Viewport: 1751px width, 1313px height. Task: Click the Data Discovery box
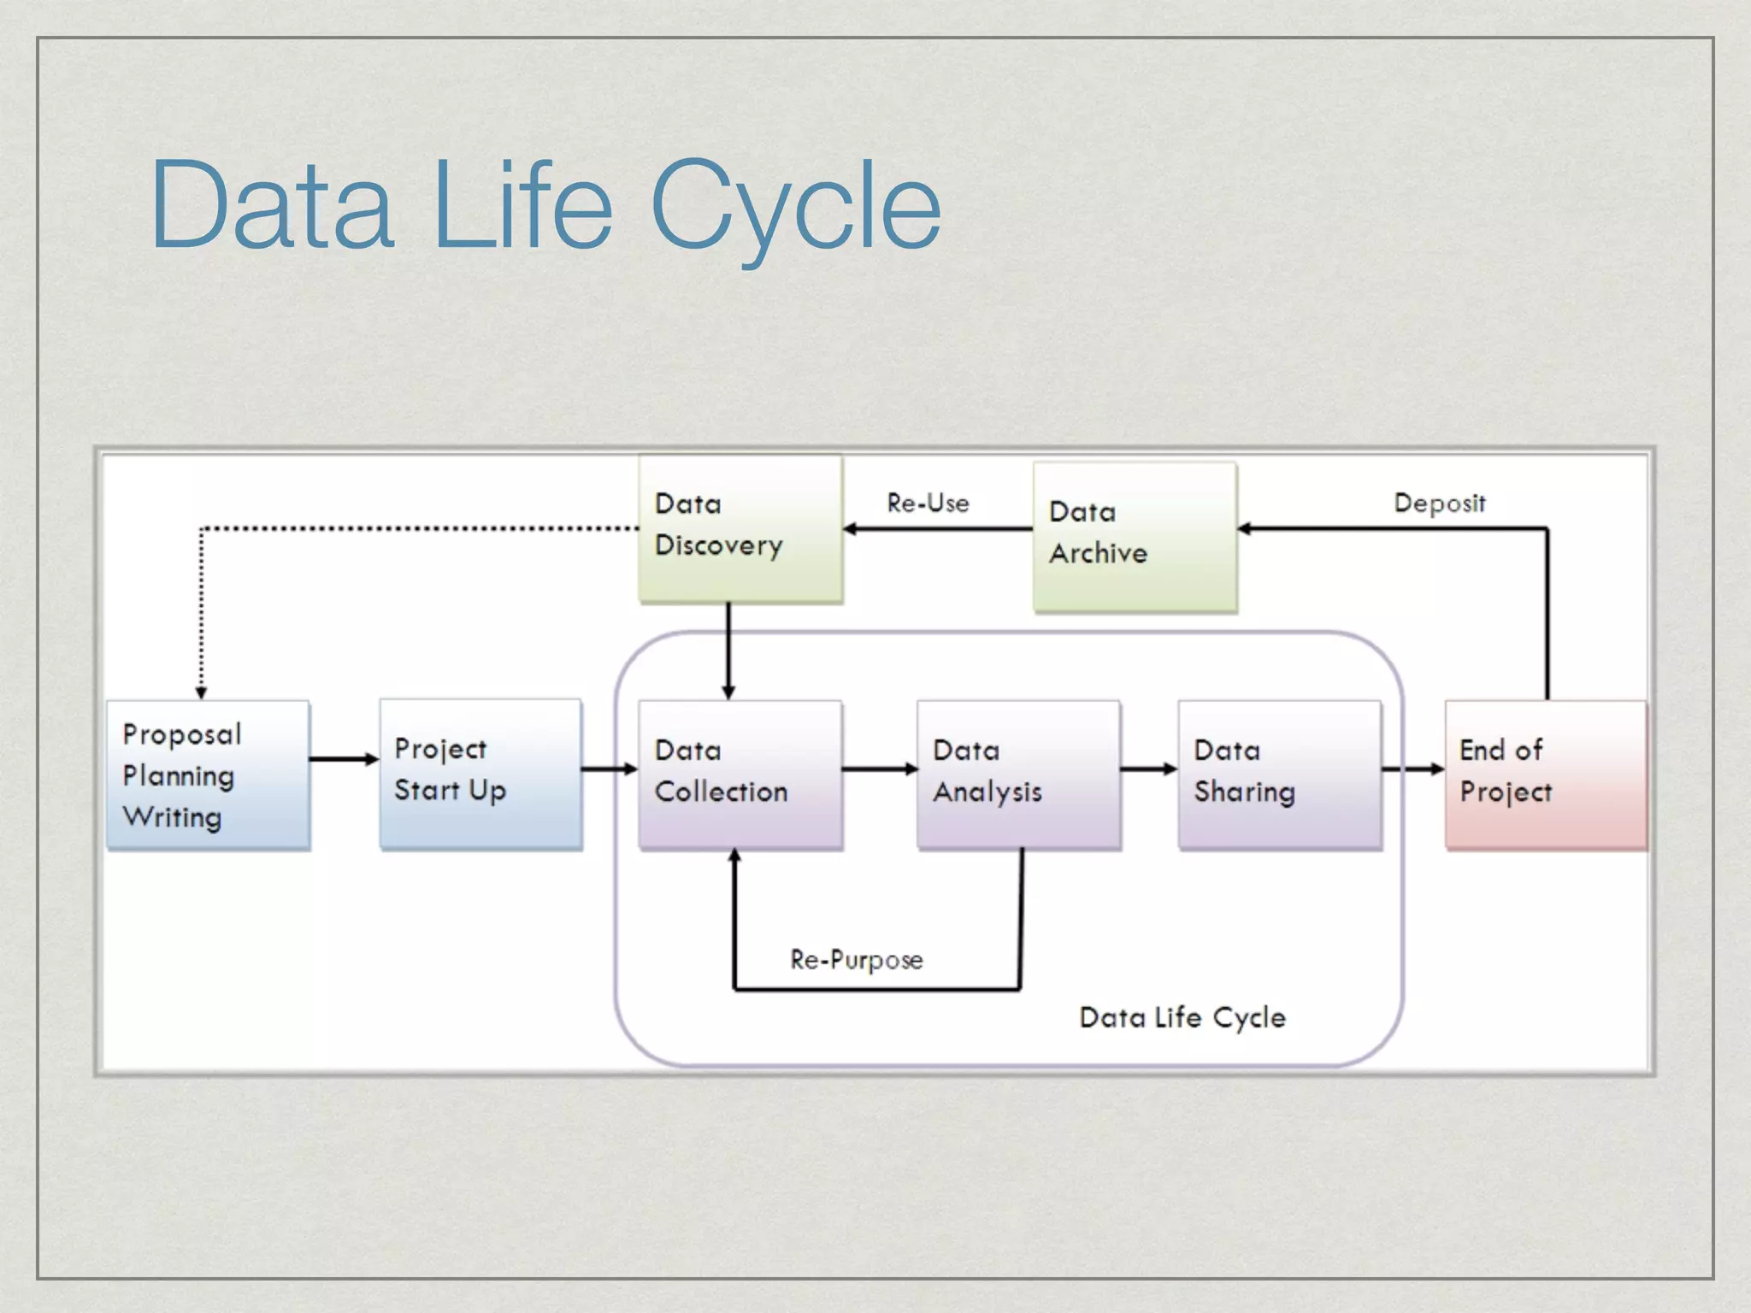[x=740, y=529]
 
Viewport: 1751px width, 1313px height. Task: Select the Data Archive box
[x=1135, y=537]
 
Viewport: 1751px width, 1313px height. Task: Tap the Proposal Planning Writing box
[x=208, y=774]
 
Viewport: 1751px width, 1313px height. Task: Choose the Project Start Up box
[x=480, y=774]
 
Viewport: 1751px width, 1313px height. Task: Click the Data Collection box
[x=740, y=774]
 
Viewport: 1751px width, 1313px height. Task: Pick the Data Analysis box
[x=1018, y=774]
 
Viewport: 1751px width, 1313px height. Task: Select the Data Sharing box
[x=1279, y=774]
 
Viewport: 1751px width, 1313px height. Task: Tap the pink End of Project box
[x=1545, y=774]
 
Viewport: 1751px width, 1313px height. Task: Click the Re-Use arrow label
[x=928, y=503]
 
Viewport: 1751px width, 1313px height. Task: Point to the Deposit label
[x=1440, y=503]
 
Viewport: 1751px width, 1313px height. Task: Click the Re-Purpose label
[x=856, y=960]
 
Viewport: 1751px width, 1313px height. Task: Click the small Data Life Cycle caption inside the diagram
[x=1182, y=1017]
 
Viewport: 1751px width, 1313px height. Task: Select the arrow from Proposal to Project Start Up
[x=344, y=759]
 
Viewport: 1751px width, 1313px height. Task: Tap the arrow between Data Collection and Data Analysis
[x=880, y=769]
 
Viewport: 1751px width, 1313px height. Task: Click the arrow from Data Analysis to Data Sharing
[x=1149, y=769]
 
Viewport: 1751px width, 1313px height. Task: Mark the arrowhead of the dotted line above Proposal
[x=201, y=692]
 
